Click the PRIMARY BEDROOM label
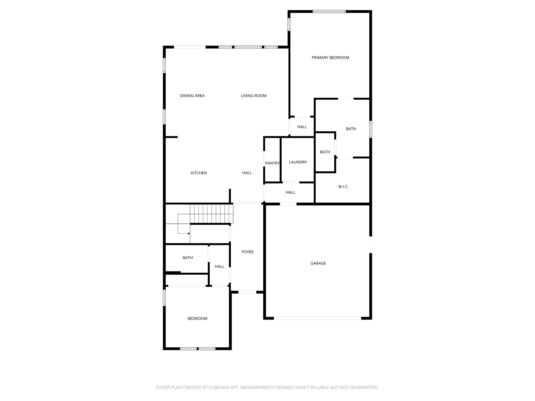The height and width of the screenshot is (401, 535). pos(330,58)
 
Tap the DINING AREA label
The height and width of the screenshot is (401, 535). pos(192,96)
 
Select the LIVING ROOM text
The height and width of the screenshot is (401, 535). pos(254,96)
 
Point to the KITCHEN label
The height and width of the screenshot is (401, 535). pos(199,173)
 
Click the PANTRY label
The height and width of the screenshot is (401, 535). pos(272,163)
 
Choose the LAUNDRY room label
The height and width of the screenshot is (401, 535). pos(298,162)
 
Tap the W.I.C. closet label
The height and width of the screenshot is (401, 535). pos(343,187)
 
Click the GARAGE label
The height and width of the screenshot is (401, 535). pos(318,263)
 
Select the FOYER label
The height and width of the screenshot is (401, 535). pos(247,252)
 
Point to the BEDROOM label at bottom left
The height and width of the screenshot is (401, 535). pos(197,319)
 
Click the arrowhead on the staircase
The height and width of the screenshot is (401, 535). pos(189,233)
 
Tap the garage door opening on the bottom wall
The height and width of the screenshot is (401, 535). pos(317,318)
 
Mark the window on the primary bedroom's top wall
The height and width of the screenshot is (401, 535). pos(329,11)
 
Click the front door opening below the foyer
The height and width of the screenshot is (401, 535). pos(247,292)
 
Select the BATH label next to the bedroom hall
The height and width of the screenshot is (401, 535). pos(188,258)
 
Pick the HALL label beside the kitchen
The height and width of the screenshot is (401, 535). pos(247,173)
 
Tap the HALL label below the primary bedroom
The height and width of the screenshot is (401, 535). pos(302,127)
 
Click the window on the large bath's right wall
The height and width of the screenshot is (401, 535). pos(371,129)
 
